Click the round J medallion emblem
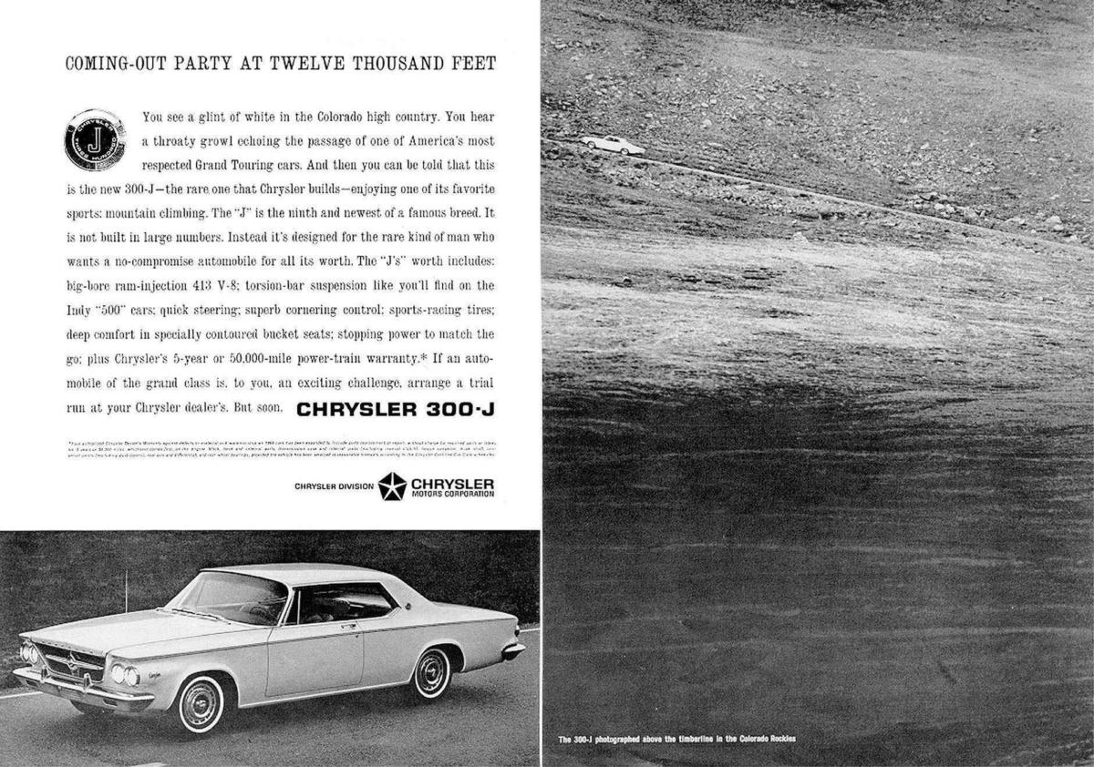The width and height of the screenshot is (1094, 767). pos(95,139)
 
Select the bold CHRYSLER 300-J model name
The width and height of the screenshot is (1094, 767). pos(395,409)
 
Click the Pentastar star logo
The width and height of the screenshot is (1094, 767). pos(392,486)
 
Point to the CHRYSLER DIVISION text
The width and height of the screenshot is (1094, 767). pos(334,486)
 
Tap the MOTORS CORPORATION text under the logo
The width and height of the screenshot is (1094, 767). pos(452,494)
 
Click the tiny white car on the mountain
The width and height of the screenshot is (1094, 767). pos(613,144)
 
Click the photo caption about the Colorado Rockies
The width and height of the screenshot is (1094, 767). pos(677,738)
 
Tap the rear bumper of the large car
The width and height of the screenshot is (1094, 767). pos(512,650)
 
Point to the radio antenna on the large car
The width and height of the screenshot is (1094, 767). pos(126,592)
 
